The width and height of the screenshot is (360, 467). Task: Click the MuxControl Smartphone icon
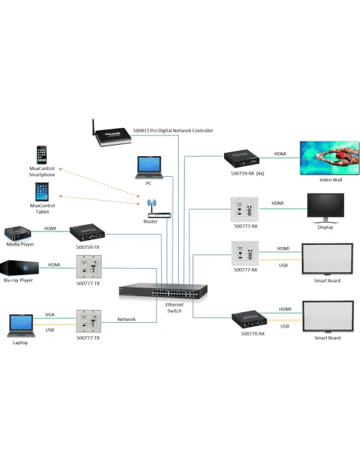41,155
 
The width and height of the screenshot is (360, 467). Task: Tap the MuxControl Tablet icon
42,191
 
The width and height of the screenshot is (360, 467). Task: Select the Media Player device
17,233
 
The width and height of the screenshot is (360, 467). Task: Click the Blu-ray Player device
19,268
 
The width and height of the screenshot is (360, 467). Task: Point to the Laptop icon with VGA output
21,326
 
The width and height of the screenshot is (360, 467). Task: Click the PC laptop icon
149,167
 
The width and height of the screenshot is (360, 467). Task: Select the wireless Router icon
159,209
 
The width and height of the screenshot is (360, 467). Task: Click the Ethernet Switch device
163,292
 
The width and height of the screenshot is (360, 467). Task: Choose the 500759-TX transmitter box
87,233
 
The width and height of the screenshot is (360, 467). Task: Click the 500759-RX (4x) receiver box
241,159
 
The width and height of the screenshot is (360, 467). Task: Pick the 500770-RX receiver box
249,320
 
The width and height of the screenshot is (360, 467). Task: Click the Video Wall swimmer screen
329,158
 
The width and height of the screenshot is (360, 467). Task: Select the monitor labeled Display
325,208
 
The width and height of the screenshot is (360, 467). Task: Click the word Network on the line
127,320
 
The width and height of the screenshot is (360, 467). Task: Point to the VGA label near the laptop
50,314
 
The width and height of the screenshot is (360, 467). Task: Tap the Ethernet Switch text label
175,308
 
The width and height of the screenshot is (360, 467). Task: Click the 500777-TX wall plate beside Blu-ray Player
89,267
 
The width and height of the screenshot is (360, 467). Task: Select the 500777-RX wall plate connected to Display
245,209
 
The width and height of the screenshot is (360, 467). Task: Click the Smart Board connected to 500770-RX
328,317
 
